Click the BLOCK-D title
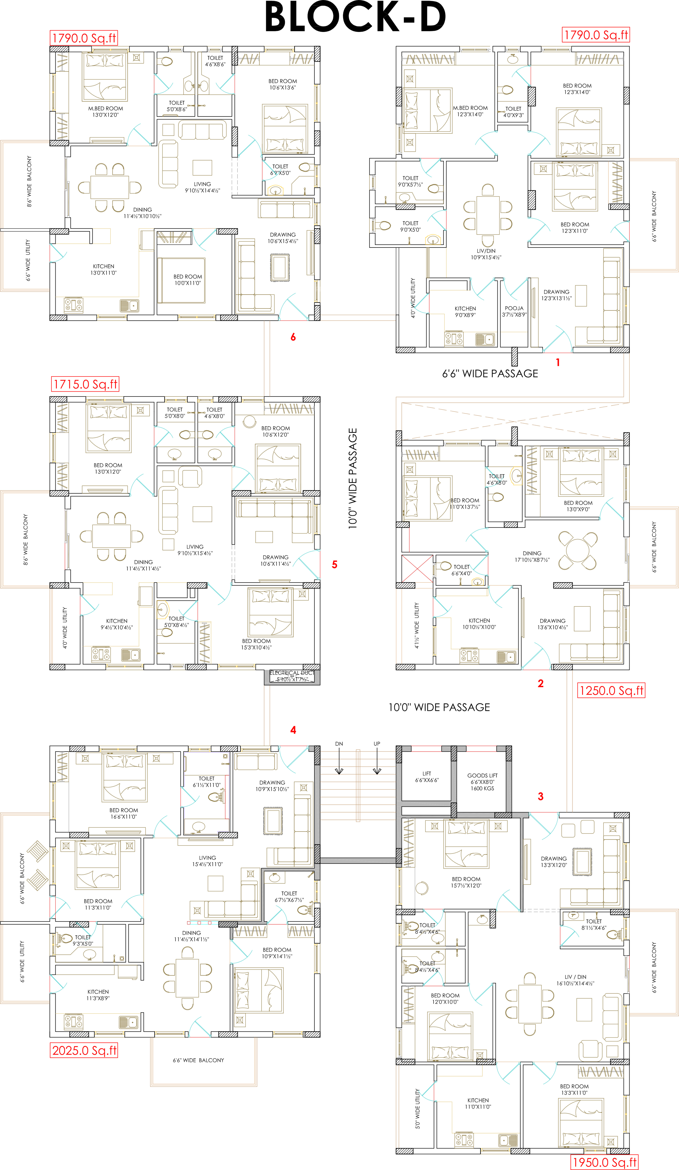click(x=355, y=17)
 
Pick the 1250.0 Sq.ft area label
click(x=611, y=690)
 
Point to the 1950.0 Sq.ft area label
click(x=604, y=1162)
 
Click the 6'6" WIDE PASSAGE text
click(x=490, y=374)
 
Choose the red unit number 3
click(x=541, y=796)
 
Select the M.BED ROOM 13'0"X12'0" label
click(x=106, y=111)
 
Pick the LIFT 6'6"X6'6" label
click(x=427, y=777)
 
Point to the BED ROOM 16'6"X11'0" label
click(x=123, y=813)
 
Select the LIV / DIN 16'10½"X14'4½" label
click(x=576, y=980)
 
